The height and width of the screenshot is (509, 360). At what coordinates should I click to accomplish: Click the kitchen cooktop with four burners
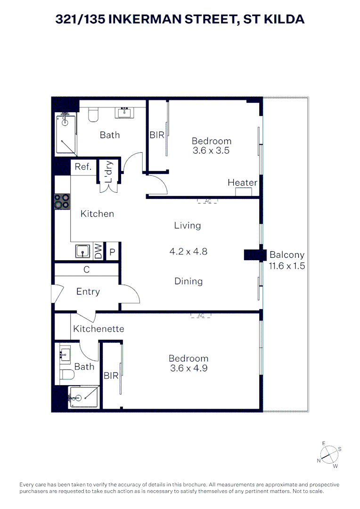pos(61,201)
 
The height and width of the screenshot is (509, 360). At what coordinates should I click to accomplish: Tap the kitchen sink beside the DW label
pos(83,252)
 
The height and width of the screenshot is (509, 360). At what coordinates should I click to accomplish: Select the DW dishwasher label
pos(98,252)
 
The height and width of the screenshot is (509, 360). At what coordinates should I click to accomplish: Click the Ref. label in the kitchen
pos(83,167)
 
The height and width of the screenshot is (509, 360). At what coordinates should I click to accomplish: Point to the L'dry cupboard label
pos(109,172)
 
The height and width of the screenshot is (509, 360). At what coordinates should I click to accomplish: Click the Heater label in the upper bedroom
pos(242,183)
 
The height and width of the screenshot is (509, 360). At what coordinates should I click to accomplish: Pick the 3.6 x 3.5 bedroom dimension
pos(211,151)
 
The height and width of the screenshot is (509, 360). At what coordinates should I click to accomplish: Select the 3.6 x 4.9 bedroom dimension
pos(188,369)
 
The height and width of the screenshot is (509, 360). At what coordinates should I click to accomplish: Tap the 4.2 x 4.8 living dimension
pos(188,252)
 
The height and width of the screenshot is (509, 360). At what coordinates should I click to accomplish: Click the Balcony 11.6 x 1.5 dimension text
pos(286,266)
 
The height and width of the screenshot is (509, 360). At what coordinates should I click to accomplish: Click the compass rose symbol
pos(329,455)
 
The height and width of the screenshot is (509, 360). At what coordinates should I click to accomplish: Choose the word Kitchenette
pos(98,328)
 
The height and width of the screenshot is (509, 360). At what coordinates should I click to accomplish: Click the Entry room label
pos(88,292)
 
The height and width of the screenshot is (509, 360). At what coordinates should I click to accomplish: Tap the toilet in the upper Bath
pos(93,114)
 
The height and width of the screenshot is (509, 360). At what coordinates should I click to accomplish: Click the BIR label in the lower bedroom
pos(111,376)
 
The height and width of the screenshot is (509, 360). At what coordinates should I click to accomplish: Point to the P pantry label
pos(112,252)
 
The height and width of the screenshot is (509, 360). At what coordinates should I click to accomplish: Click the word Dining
pos(188,281)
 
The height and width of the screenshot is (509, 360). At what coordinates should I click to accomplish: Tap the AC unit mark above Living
pos(207,201)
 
